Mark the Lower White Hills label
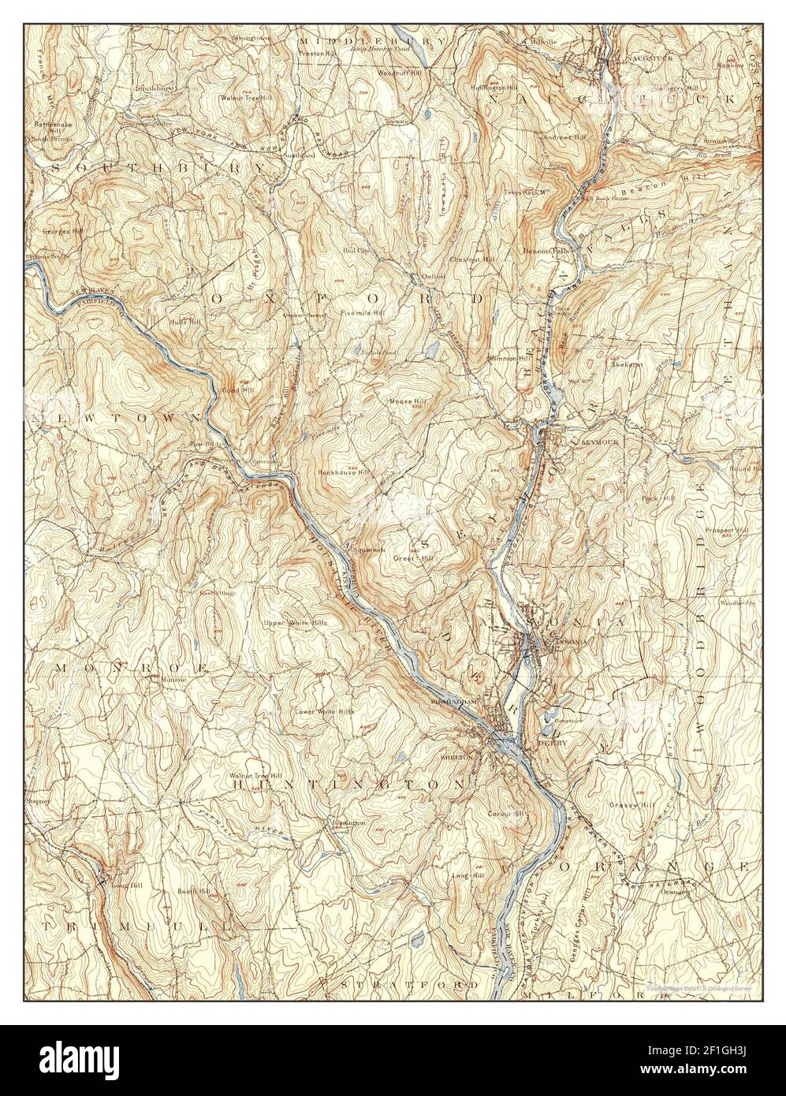pos(323,711)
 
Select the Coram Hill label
pos(505,814)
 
